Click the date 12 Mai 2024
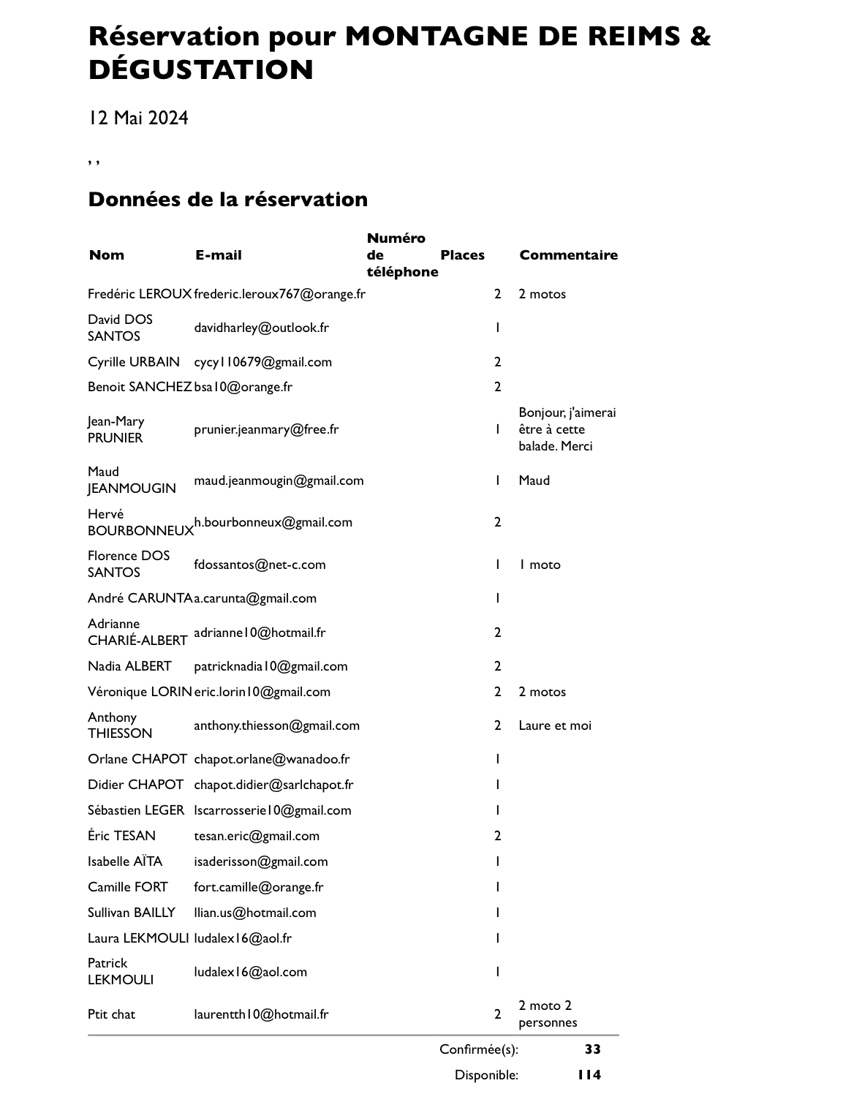pos(138,118)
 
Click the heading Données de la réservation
pos(227,199)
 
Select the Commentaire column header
pos(568,255)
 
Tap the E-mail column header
pos(218,255)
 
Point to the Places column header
pos(462,255)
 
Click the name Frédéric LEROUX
pos(139,294)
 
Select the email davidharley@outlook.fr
pos(261,328)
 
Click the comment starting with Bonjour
pos(567,429)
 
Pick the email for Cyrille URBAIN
pos(262,362)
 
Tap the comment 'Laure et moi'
pos(554,725)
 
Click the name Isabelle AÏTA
pos(125,861)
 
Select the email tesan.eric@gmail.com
pos(256,836)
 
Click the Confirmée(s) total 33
pos(592,1049)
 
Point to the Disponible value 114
pos(589,1075)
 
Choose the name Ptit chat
pos(111,1014)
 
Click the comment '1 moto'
pos(540,565)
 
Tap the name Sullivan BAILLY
pos(131,913)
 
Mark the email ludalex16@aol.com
pos(250,972)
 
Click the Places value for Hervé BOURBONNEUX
pos(497,522)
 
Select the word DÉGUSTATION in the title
pos(201,70)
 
